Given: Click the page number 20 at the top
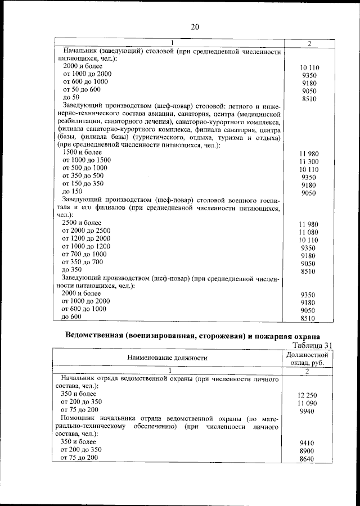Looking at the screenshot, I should (195, 26).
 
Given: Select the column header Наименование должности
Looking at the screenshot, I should (167, 357).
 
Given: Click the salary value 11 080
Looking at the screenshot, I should (309, 232).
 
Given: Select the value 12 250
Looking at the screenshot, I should (308, 395).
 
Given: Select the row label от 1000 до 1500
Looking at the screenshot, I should (87, 160).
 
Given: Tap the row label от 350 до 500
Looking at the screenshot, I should (83, 176).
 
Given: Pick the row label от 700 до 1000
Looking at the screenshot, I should (84, 254).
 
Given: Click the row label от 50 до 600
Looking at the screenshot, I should (82, 89).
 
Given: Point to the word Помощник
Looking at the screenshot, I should (82, 419).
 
